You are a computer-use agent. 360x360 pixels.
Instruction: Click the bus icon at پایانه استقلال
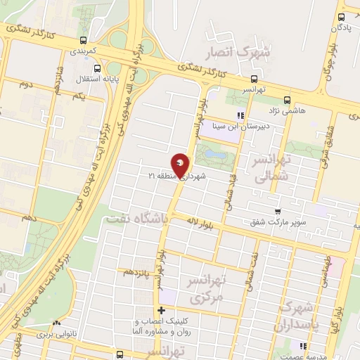pyautogui.click(x=97, y=69)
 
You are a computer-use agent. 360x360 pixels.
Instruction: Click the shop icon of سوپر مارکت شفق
pyautogui.click(x=278, y=211)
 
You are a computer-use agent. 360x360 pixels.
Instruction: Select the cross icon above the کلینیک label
pyautogui.click(x=162, y=310)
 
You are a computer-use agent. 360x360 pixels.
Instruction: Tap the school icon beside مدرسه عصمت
pyautogui.click(x=303, y=346)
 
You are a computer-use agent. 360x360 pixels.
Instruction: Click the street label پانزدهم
pyautogui.click(x=137, y=271)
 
